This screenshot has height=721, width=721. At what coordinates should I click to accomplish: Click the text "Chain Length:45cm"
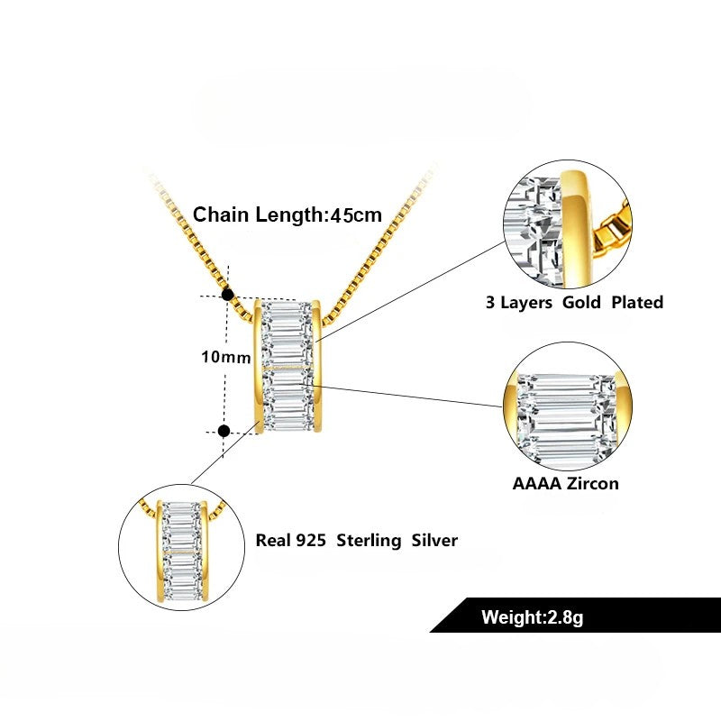287,215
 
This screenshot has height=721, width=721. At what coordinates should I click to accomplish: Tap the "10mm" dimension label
225,357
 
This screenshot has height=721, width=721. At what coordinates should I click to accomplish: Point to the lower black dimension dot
224,431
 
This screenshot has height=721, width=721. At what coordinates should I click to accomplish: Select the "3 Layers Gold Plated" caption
574,302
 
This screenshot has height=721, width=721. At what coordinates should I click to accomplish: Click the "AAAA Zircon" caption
565,483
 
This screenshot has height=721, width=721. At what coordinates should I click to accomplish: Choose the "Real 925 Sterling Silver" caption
357,541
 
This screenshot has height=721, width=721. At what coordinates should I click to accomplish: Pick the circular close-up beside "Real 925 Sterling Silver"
183,550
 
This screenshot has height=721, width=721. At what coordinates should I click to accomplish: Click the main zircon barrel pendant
287,365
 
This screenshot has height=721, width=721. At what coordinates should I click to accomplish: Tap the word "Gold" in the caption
581,302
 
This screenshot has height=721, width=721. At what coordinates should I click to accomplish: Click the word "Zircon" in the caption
591,483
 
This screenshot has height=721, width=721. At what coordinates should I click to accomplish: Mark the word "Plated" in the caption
637,302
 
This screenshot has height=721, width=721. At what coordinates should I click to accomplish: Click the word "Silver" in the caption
434,541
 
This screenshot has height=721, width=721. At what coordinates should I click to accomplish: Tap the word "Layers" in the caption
527,302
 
